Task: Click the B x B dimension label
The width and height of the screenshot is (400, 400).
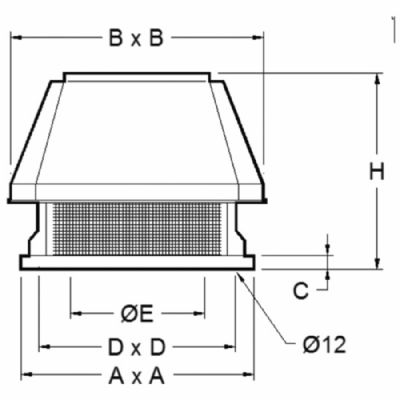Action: [136, 39]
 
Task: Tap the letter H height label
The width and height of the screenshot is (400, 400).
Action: [377, 172]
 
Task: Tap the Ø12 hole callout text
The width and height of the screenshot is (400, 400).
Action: [323, 345]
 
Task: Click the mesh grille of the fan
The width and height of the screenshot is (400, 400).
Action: [137, 228]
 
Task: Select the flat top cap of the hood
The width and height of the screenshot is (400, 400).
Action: [138, 76]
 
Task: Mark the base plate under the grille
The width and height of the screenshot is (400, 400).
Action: [137, 262]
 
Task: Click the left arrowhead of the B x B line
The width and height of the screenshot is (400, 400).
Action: [14, 39]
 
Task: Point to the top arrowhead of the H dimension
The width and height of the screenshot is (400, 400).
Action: [377, 76]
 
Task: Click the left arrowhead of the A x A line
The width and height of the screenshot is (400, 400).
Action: [25, 377]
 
